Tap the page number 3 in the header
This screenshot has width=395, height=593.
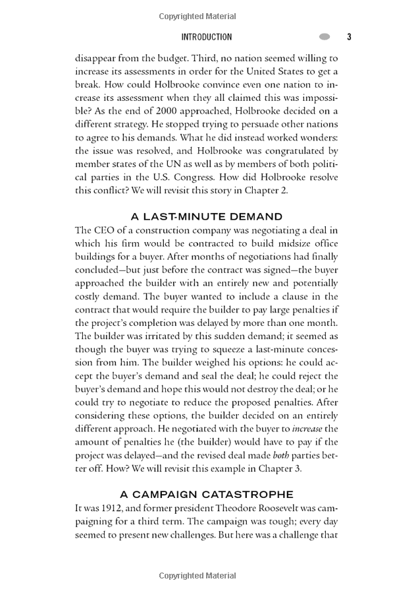349,37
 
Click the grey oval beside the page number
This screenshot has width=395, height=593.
324,37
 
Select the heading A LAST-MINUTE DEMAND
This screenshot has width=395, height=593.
207,216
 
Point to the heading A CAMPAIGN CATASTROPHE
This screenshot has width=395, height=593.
207,494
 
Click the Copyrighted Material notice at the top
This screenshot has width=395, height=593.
197,15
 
